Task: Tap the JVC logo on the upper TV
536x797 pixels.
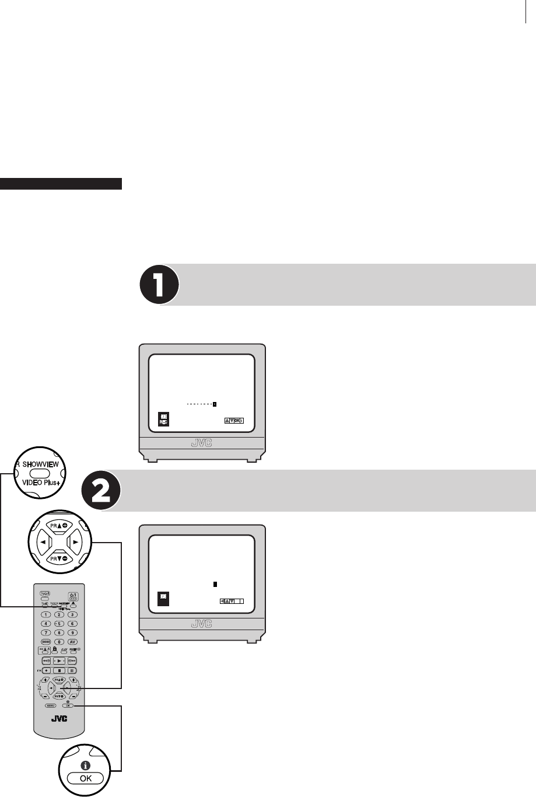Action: click(x=202, y=443)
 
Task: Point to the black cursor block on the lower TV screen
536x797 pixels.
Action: click(x=215, y=583)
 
